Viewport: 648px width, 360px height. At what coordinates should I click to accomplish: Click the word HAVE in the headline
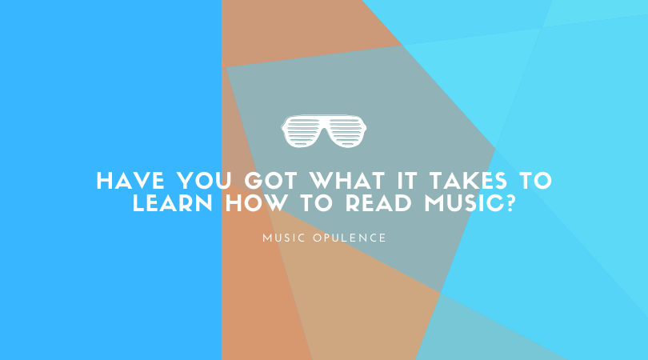pyautogui.click(x=130, y=181)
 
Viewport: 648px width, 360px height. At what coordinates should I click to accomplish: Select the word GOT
pyautogui.click(x=271, y=181)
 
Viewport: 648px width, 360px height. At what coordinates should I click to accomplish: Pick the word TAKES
pyautogui.click(x=468, y=181)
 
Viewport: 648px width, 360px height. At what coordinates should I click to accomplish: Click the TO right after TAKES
pyautogui.click(x=535, y=181)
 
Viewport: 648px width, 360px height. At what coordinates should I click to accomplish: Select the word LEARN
pyautogui.click(x=173, y=203)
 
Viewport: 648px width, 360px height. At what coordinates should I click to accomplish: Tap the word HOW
pyautogui.click(x=256, y=203)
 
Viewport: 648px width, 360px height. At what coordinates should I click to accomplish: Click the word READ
pyautogui.click(x=378, y=203)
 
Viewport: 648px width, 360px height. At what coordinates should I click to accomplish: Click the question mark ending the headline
pyautogui.click(x=510, y=203)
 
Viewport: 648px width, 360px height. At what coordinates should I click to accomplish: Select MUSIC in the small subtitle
pyautogui.click(x=284, y=238)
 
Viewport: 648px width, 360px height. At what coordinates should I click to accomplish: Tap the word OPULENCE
pyautogui.click(x=350, y=238)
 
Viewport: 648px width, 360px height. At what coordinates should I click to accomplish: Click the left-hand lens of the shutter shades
pyautogui.click(x=302, y=131)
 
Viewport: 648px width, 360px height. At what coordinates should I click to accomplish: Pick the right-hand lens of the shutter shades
pyautogui.click(x=346, y=131)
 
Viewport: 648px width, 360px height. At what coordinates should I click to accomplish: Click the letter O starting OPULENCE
pyautogui.click(x=317, y=238)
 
